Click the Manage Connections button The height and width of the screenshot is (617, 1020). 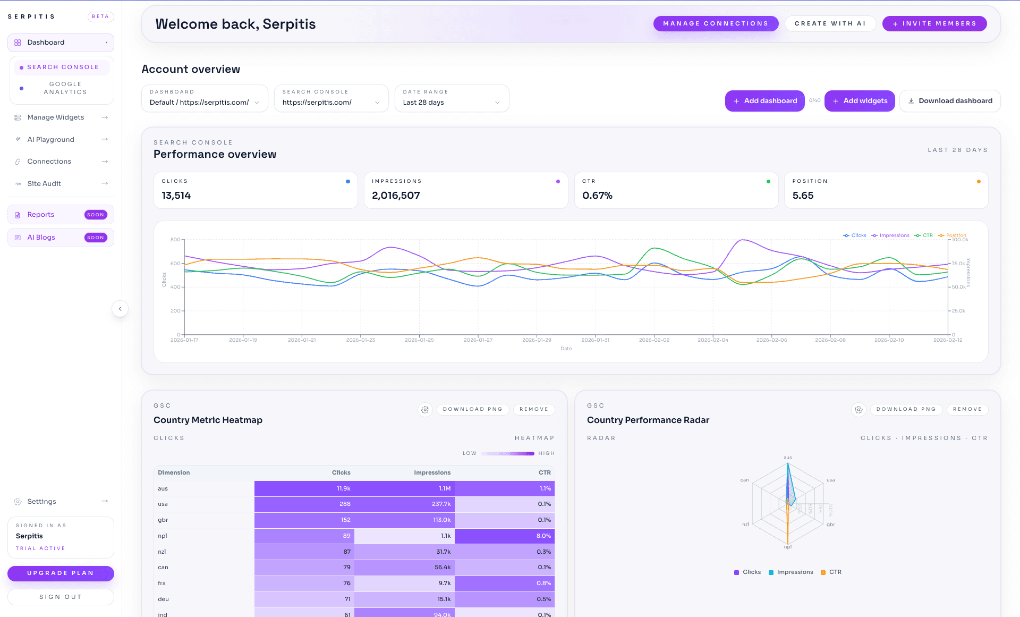tap(716, 23)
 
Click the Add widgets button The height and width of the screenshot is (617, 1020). tap(860, 101)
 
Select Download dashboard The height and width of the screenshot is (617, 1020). tap(950, 101)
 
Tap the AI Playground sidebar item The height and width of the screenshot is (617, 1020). tap(51, 139)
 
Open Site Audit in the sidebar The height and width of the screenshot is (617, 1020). tap(44, 183)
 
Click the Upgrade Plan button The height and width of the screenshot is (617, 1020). tap(61, 573)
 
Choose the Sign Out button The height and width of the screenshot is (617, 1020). tap(61, 597)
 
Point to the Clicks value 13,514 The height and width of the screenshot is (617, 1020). tap(176, 196)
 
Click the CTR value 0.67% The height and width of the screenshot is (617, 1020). tap(597, 196)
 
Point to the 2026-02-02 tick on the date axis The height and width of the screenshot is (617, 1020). tap(654, 340)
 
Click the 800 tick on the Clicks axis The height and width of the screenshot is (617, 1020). tap(175, 240)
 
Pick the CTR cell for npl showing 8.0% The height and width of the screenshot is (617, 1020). tap(543, 536)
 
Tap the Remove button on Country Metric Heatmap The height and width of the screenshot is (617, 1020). tap(533, 409)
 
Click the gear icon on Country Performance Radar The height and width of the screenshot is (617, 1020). tap(858, 409)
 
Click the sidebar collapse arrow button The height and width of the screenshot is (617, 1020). tap(120, 309)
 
